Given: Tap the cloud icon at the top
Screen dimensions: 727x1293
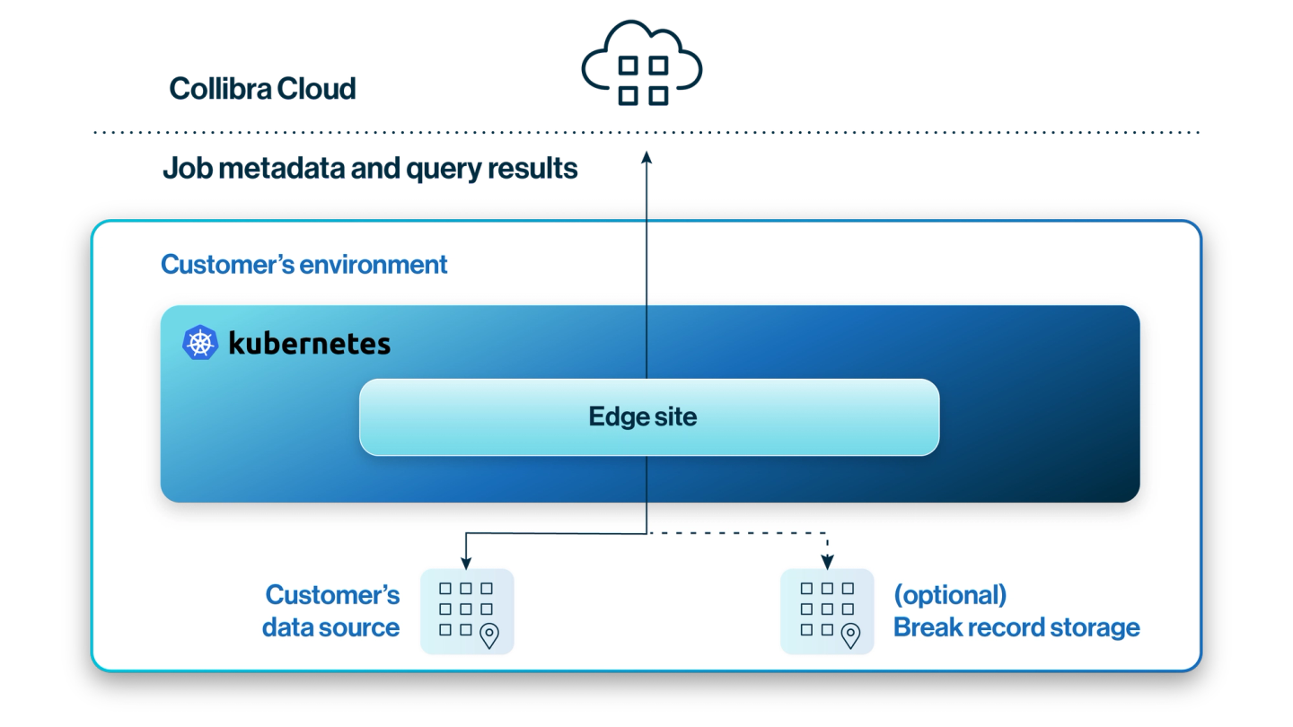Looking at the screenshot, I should [643, 66].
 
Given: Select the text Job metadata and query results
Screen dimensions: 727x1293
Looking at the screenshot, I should [369, 168].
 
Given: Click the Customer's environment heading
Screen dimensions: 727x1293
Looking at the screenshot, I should [303, 265].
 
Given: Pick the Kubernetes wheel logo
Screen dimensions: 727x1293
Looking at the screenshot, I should [200, 343].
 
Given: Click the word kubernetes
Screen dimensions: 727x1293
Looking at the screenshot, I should [310, 343].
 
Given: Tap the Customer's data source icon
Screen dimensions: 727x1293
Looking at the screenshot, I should [467, 610].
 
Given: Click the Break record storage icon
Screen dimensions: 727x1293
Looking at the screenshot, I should [827, 610].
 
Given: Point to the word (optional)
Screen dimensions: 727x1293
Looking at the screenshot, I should [950, 595].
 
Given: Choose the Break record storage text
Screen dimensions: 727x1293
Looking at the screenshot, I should [1016, 627].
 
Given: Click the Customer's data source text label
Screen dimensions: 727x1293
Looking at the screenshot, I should [331, 611].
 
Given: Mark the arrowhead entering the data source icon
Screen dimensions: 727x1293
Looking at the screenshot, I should [465, 562].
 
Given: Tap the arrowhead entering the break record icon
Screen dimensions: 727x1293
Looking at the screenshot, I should [827, 562].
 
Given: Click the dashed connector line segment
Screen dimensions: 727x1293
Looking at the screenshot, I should [736, 534].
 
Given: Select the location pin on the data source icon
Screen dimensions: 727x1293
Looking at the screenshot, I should [489, 635].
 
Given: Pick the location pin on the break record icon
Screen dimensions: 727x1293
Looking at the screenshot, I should [849, 635].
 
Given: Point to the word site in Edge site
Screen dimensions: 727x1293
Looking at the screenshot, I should [675, 416].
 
